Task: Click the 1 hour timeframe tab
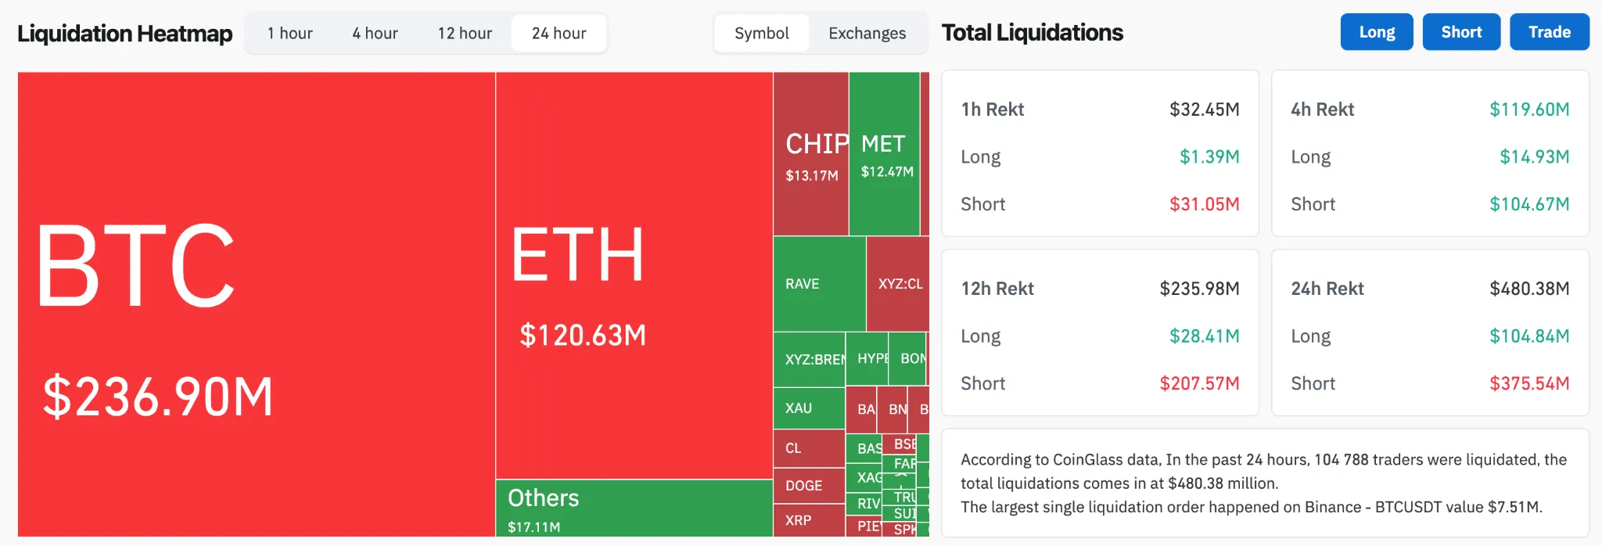pyautogui.click(x=289, y=34)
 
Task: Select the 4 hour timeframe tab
pyautogui.click(x=375, y=34)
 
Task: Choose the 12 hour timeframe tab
pyautogui.click(x=465, y=34)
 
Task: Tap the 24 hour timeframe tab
pyautogui.click(x=559, y=34)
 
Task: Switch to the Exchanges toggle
pyautogui.click(x=867, y=34)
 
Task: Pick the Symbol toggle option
pyautogui.click(x=761, y=34)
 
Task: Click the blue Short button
pyautogui.click(x=1460, y=32)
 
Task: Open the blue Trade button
pyautogui.click(x=1549, y=32)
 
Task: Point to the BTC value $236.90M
pyautogui.click(x=158, y=397)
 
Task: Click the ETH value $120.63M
pyautogui.click(x=583, y=336)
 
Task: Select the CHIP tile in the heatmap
pyautogui.click(x=811, y=154)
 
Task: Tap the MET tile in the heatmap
pyautogui.click(x=885, y=154)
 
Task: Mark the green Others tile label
pyautogui.click(x=544, y=498)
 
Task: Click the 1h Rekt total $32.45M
pyautogui.click(x=1204, y=110)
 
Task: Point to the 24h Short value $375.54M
pyautogui.click(x=1528, y=383)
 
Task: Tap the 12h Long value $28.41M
pyautogui.click(x=1204, y=336)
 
